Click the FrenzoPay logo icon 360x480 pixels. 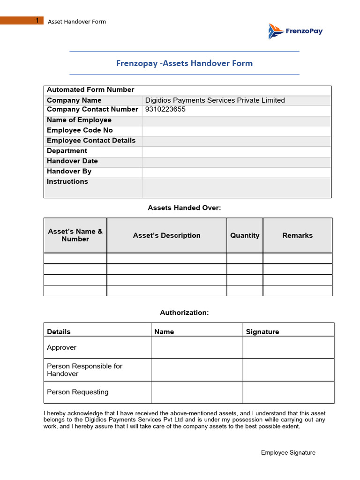[x=275, y=31]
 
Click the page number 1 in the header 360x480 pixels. [x=37, y=21]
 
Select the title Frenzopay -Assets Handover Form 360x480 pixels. [x=184, y=63]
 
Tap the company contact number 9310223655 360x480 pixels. [x=165, y=110]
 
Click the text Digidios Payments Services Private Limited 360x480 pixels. [x=215, y=100]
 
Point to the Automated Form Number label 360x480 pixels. [x=90, y=90]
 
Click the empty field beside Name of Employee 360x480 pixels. [x=236, y=120]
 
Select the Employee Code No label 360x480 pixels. [x=80, y=130]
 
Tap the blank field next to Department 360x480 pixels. [x=236, y=151]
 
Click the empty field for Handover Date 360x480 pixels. [x=236, y=161]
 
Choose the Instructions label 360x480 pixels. [x=67, y=182]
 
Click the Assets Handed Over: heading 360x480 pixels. [x=184, y=208]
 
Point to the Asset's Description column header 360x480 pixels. [x=166, y=236]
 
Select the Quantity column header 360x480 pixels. [x=245, y=236]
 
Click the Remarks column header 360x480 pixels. [x=297, y=236]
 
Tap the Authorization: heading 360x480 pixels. [x=184, y=313]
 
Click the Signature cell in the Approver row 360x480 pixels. [x=288, y=347]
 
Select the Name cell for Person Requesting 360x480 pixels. [x=196, y=392]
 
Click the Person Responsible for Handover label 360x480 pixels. [x=84, y=370]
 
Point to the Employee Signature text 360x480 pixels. [x=288, y=453]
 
